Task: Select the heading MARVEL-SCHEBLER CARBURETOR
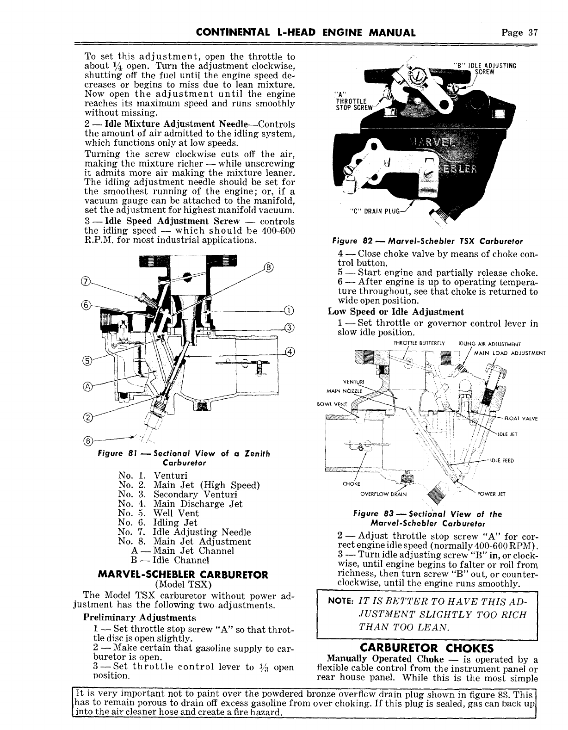(183, 575)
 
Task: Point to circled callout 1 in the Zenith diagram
(290, 310)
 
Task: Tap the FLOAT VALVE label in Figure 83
(524, 419)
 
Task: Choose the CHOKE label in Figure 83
(348, 484)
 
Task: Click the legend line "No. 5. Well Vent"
(159, 513)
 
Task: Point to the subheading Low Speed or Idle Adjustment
(395, 312)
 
